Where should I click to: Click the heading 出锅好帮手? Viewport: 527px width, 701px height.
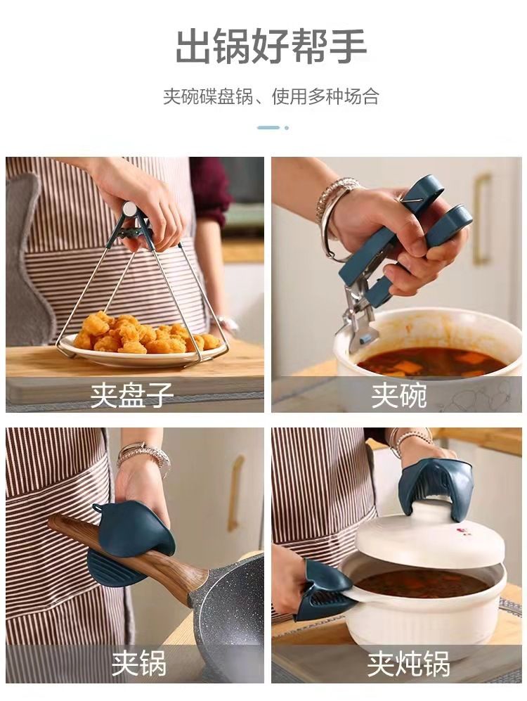(x=271, y=46)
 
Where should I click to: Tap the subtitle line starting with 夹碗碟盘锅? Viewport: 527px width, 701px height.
(x=271, y=96)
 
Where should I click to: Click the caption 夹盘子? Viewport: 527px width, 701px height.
(x=132, y=394)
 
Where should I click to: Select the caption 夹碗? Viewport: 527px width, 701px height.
(x=399, y=394)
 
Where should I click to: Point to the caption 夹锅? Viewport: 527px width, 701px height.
(x=139, y=663)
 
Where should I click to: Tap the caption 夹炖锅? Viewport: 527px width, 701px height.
(x=408, y=664)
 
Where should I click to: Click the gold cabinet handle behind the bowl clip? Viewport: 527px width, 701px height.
(x=481, y=219)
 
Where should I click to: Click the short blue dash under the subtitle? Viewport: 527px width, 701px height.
(x=268, y=127)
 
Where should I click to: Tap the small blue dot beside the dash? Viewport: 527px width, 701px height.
(x=286, y=128)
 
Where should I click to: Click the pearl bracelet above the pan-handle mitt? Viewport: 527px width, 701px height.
(x=144, y=455)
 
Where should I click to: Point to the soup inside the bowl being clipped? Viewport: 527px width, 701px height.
(x=431, y=362)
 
